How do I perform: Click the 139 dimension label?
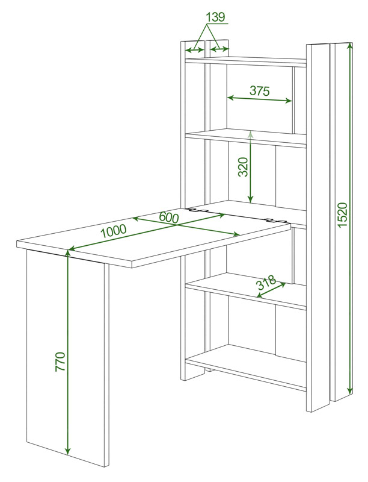216,17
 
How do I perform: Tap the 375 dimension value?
259,91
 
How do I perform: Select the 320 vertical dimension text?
243,167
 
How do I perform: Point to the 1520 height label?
342,214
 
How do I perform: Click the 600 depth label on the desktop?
168,218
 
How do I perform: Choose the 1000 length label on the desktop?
114,231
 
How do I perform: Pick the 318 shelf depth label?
266,283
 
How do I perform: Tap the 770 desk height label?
60,362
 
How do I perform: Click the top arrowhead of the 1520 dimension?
349,46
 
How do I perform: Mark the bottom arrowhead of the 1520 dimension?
349,390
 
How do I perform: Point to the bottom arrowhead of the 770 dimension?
68,451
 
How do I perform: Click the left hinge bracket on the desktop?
198,210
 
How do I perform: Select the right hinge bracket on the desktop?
275,220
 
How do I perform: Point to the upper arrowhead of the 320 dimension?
251,134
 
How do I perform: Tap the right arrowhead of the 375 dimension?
288,101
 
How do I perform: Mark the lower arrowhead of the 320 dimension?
251,199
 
